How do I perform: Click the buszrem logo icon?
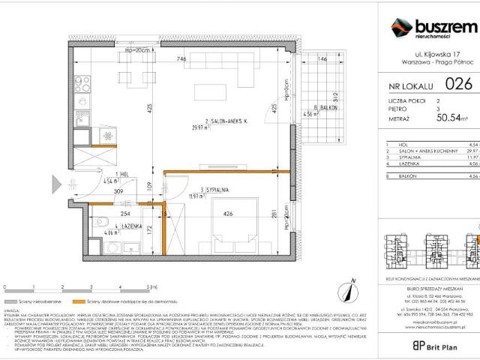[x=400, y=28]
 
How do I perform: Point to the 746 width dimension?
[x=181, y=58]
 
